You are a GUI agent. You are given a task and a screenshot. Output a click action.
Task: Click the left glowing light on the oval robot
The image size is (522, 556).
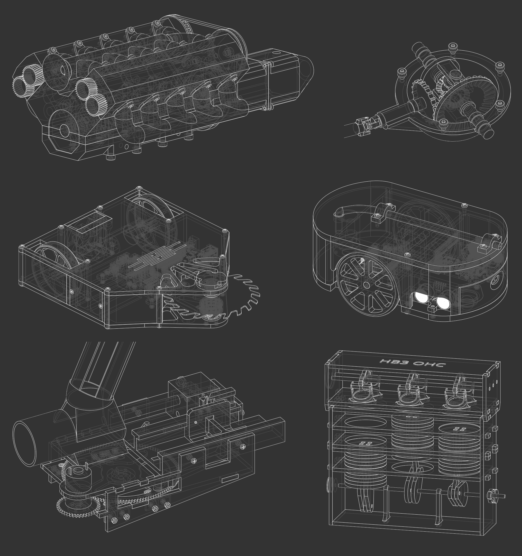click(422, 297)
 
